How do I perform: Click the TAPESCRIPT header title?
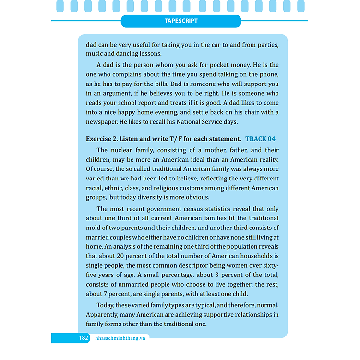pyautogui.click(x=181, y=21)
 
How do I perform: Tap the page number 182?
pyautogui.click(x=84, y=338)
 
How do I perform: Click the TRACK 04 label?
pyautogui.click(x=260, y=139)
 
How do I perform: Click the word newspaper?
pyautogui.click(x=102, y=122)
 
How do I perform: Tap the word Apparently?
pyautogui.click(x=104, y=315)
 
